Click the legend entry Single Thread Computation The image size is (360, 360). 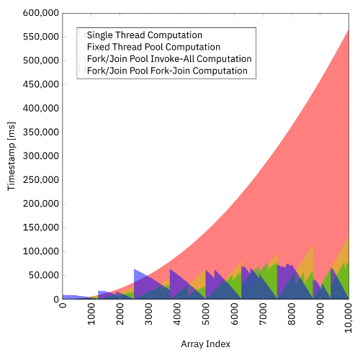click(144, 35)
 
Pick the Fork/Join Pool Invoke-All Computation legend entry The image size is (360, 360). click(169, 59)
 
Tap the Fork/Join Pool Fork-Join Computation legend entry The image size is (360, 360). click(167, 71)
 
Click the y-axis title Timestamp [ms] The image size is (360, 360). click(11, 156)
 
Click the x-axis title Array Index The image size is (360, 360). click(205, 344)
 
